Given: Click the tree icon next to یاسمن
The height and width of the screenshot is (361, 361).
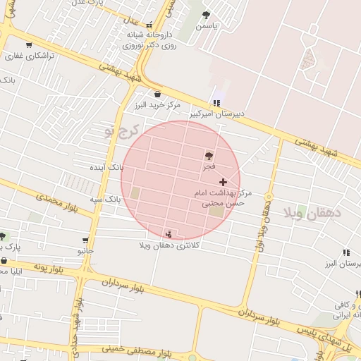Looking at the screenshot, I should tap(206, 15).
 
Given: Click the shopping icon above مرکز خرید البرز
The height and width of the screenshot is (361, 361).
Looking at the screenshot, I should tap(157, 94).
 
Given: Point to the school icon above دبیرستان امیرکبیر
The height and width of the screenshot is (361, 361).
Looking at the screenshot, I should tap(216, 103).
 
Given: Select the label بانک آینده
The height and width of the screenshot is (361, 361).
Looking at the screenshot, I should tap(107, 168).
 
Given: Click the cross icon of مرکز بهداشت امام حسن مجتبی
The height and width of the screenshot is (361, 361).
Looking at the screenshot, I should tap(224, 182).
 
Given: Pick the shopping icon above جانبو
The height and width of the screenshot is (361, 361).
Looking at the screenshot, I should tap(85, 240).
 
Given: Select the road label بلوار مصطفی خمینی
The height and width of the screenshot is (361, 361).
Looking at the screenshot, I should tap(139, 353).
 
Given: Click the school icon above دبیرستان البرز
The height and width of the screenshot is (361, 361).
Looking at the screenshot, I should tap(345, 252).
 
